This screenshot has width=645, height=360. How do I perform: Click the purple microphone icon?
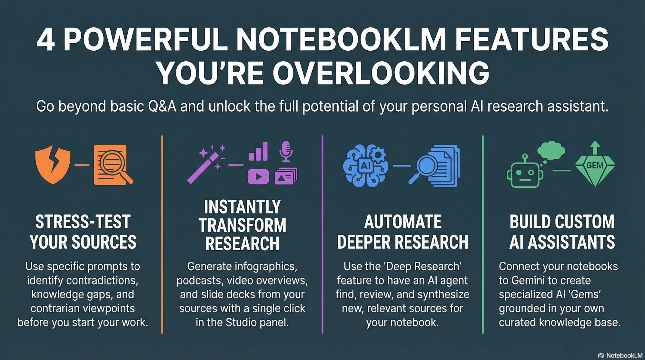pos(286,151)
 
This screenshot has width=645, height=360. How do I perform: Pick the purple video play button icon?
pos(258,176)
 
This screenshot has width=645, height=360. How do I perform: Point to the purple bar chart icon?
pos(258,151)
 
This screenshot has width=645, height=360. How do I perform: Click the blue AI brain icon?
pos(365,165)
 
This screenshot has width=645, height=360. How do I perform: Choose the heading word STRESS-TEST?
pos(83,222)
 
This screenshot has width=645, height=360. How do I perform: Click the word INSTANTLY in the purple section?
pos(242,207)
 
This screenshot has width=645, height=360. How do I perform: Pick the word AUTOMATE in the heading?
pos(402,222)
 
